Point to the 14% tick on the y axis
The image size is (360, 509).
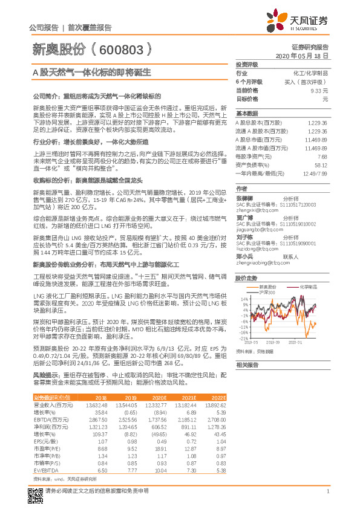243,299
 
